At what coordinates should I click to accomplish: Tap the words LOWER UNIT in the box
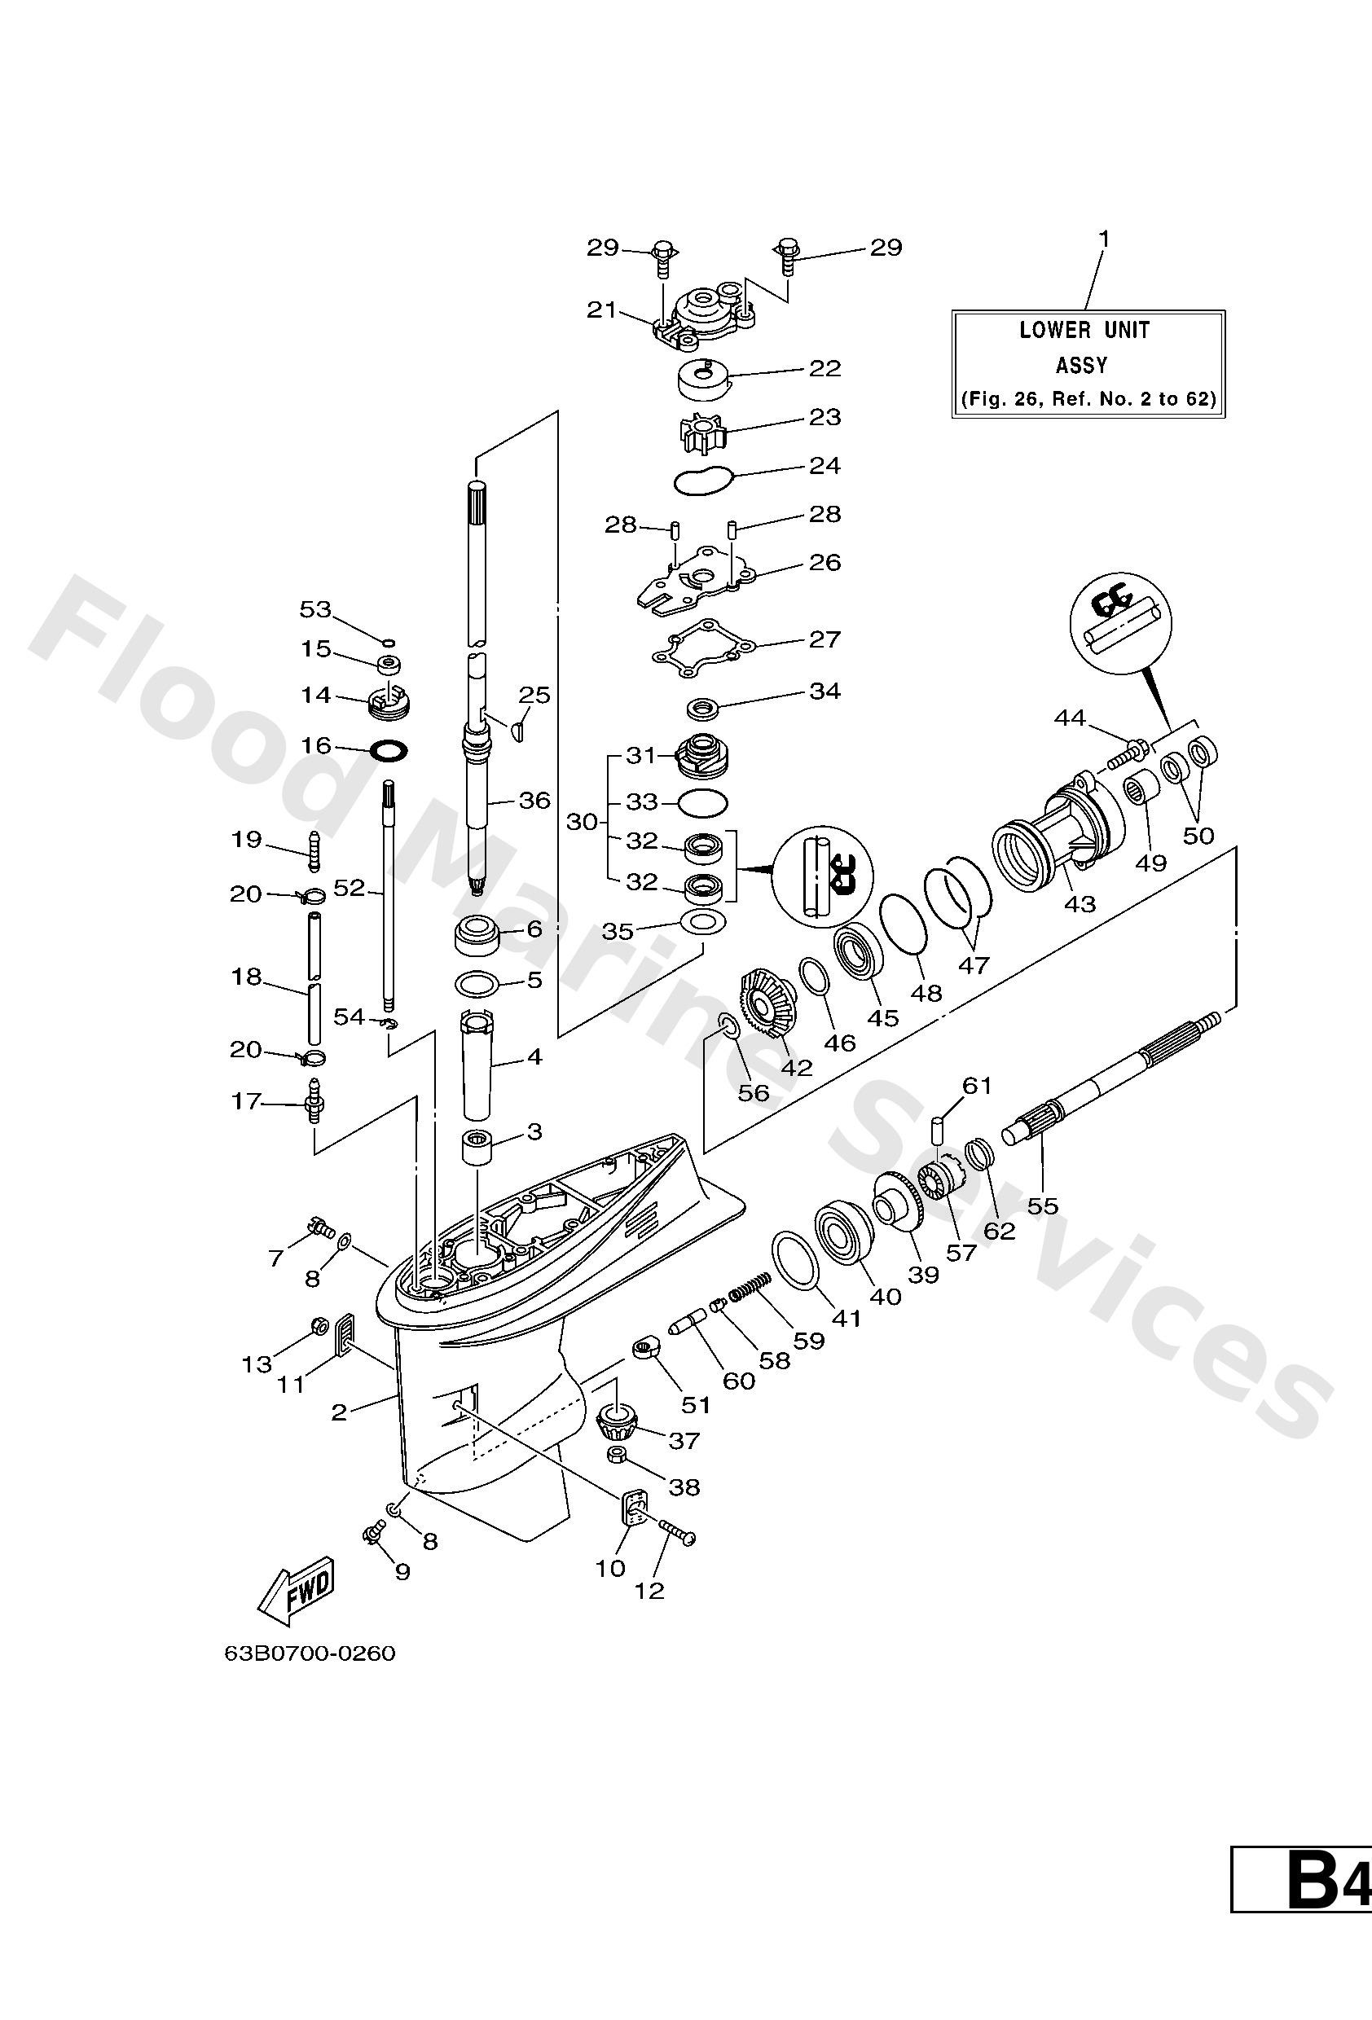1084,331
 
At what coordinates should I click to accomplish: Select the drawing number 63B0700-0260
310,1653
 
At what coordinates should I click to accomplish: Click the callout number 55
1043,1205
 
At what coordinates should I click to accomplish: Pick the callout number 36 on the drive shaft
534,800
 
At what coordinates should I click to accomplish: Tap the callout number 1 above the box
1103,238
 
